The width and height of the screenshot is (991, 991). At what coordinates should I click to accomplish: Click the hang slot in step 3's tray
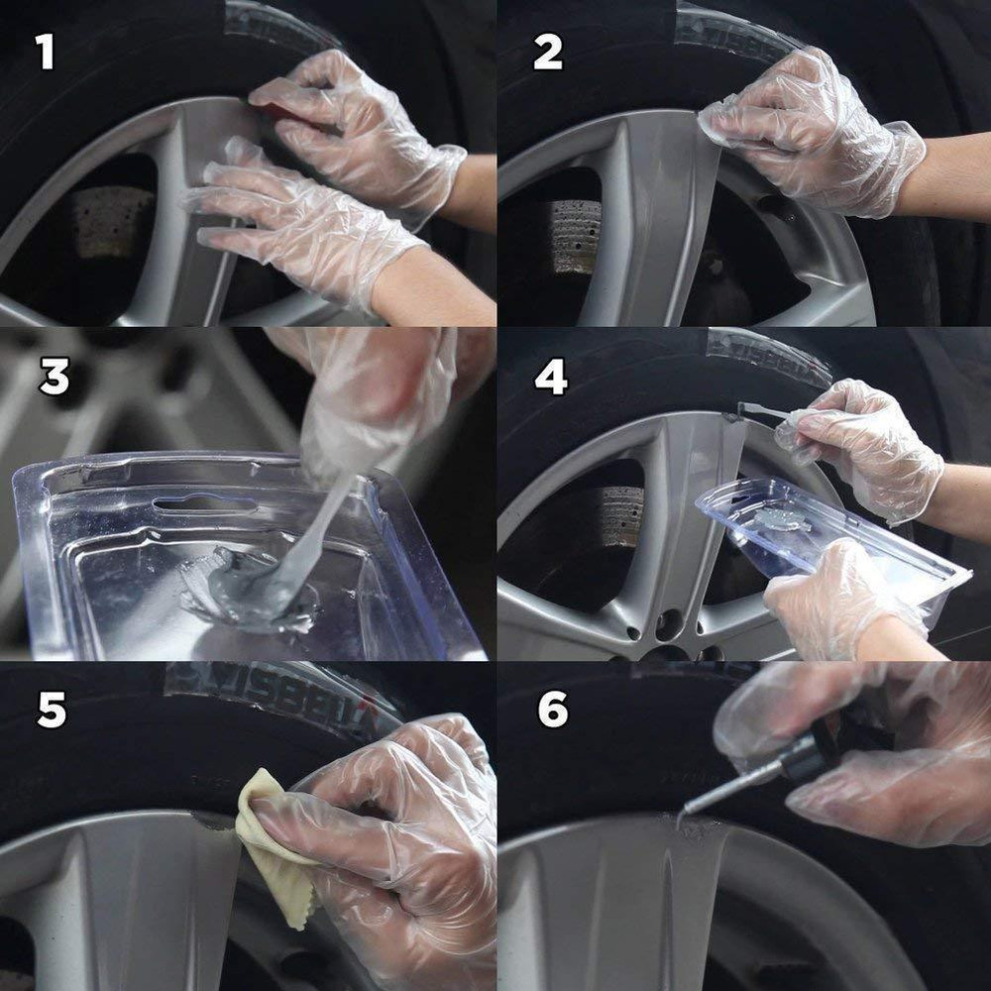point(213,500)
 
